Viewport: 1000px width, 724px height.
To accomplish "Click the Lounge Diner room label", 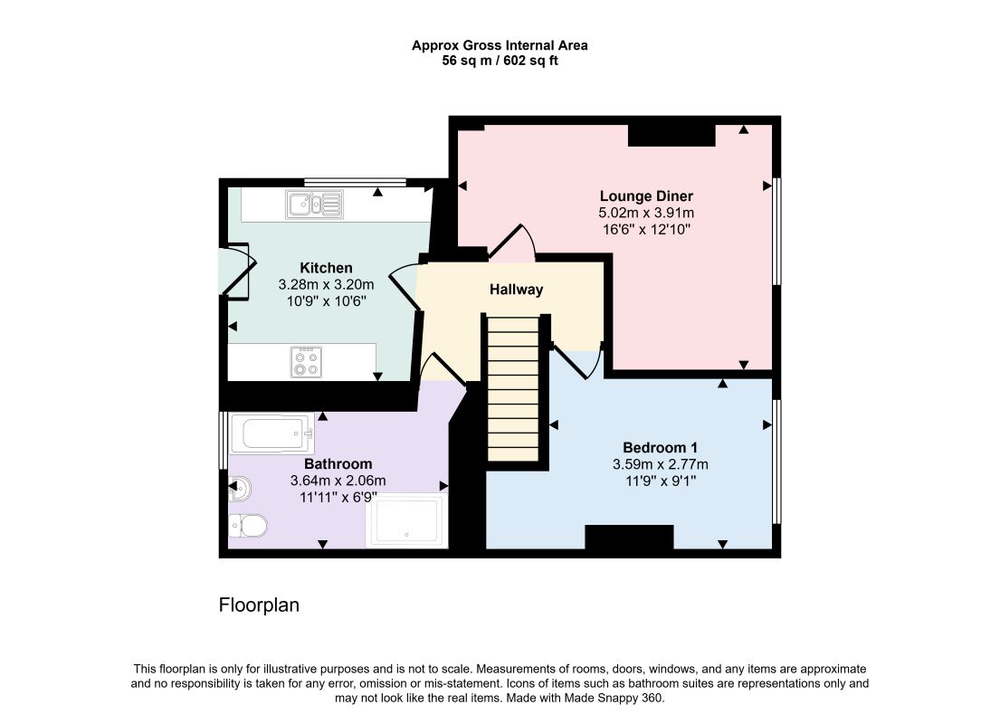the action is [646, 195].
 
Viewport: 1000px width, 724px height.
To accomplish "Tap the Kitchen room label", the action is [326, 268].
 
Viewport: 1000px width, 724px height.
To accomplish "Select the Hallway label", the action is [516, 290].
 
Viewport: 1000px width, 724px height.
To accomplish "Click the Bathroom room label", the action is [338, 463].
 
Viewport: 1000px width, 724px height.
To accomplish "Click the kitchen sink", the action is [314, 205].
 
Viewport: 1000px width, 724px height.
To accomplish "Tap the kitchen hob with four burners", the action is [306, 362].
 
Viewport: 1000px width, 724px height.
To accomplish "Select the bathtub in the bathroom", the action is [272, 433].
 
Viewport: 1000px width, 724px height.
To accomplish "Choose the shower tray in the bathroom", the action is [407, 520].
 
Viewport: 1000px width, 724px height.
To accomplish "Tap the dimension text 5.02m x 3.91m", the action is [646, 213].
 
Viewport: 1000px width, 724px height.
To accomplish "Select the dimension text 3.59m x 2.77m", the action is [660, 464].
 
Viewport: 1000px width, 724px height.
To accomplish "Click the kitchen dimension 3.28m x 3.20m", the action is [326, 284].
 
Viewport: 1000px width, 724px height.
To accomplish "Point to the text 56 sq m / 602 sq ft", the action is [500, 61].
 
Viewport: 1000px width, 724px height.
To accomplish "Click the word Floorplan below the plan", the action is [259, 605].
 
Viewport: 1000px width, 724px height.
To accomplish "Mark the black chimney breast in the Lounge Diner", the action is [671, 135].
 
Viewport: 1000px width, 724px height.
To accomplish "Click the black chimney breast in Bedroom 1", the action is [629, 537].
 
